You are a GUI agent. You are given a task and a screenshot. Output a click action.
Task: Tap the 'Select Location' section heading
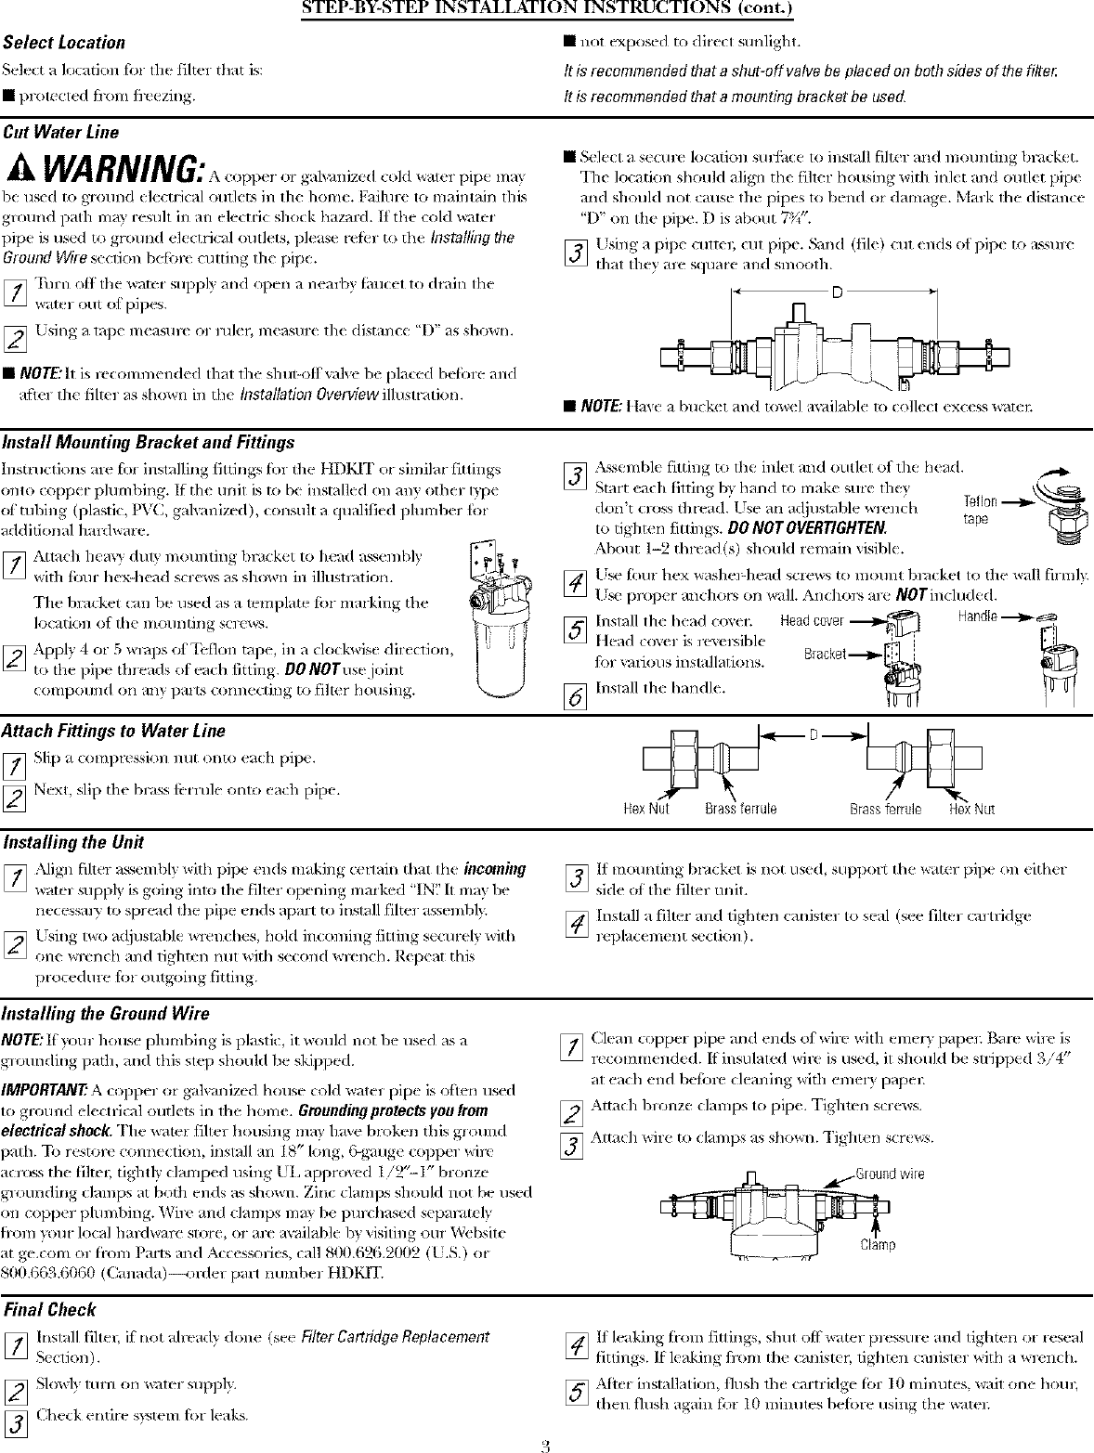click(x=64, y=43)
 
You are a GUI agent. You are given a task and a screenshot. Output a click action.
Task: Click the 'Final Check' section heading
click(x=50, y=1310)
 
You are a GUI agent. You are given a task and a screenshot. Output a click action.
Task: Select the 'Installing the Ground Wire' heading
click(x=107, y=1013)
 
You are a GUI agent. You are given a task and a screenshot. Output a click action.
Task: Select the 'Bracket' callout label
click(x=824, y=655)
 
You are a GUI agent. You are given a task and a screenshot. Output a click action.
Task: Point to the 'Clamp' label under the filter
click(x=878, y=1245)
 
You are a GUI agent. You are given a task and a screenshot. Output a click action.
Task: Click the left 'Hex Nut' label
click(x=645, y=809)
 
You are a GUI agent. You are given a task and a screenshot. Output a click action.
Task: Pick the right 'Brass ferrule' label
click(x=885, y=809)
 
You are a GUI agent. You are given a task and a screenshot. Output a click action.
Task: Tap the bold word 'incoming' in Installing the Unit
click(x=494, y=869)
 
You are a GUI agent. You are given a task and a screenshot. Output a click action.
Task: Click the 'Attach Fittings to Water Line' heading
click(x=114, y=731)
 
